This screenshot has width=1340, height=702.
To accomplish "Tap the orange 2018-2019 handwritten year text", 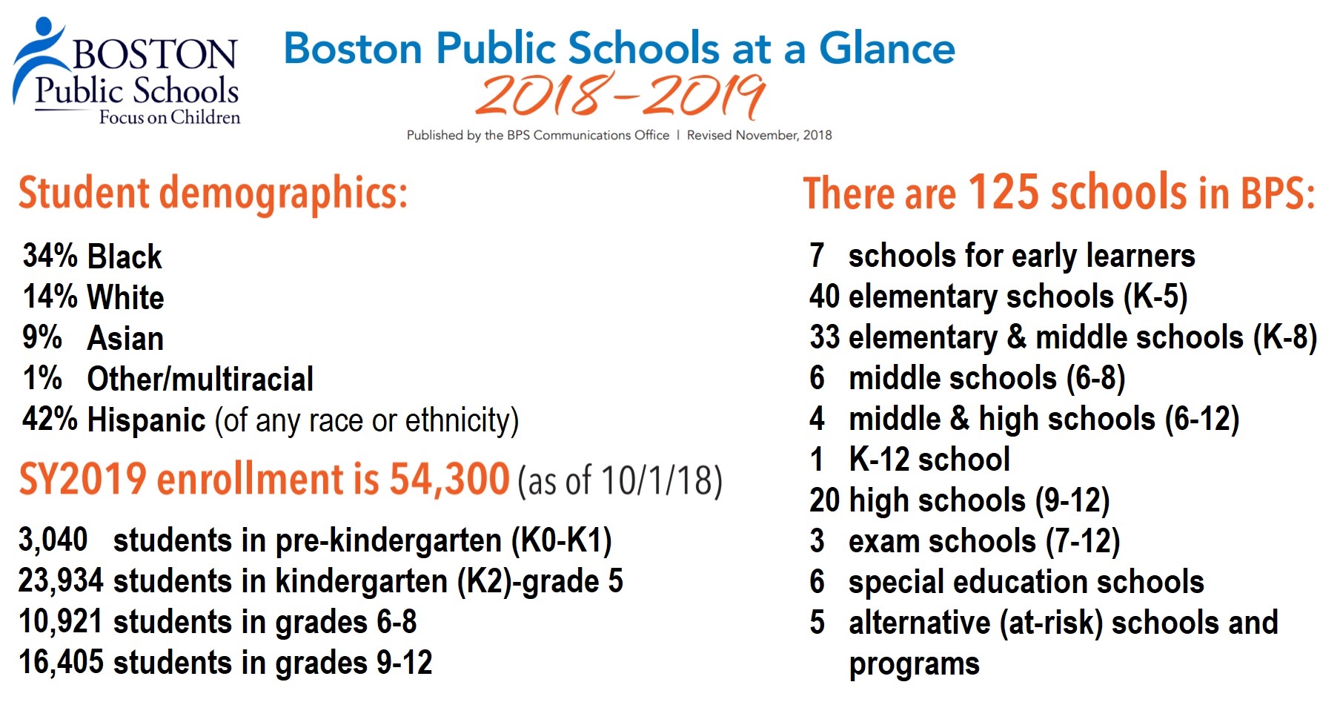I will click(620, 96).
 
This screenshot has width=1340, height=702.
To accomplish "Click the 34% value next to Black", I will click(50, 256).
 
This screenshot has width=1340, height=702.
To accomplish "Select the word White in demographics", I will click(125, 297).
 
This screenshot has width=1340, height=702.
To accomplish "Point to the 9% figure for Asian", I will click(42, 337).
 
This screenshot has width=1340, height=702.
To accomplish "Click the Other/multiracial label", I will click(200, 379).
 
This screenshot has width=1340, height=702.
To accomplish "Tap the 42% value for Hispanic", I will click(50, 419).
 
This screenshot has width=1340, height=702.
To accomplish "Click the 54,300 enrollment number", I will click(449, 479).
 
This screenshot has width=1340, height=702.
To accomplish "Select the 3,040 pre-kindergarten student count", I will click(53, 540).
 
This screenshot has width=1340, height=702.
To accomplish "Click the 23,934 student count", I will click(61, 580).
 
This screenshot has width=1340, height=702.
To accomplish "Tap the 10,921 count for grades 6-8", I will click(61, 621).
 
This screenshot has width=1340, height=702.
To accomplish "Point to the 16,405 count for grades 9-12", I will click(61, 662).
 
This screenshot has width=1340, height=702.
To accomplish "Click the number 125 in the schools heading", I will click(1004, 192).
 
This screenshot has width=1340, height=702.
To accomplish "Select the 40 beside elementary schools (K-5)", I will click(824, 297).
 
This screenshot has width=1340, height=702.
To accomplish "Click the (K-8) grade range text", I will click(1285, 337).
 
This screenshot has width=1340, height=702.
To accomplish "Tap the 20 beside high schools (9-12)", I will click(824, 500).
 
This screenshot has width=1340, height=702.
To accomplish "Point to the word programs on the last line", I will click(914, 664).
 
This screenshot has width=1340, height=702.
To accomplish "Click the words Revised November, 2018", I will click(759, 135).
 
